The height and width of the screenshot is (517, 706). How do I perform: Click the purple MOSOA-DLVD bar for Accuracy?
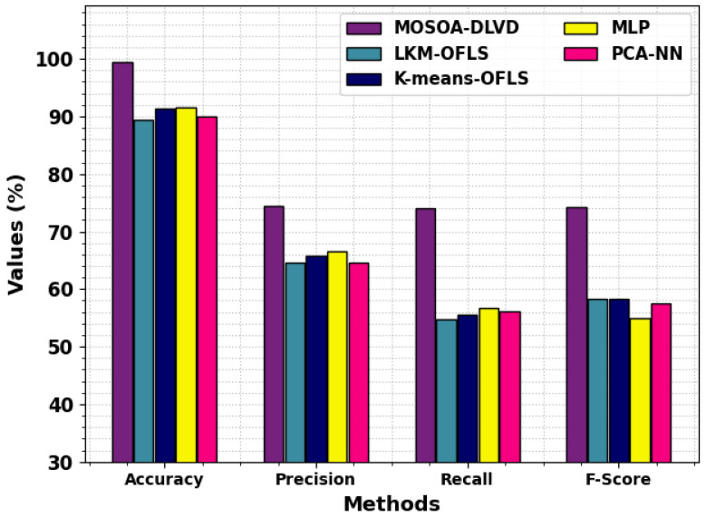pos(122,263)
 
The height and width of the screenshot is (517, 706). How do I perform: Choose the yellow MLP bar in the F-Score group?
pos(640,389)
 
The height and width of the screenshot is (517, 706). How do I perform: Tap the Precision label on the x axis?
pos(315,479)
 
